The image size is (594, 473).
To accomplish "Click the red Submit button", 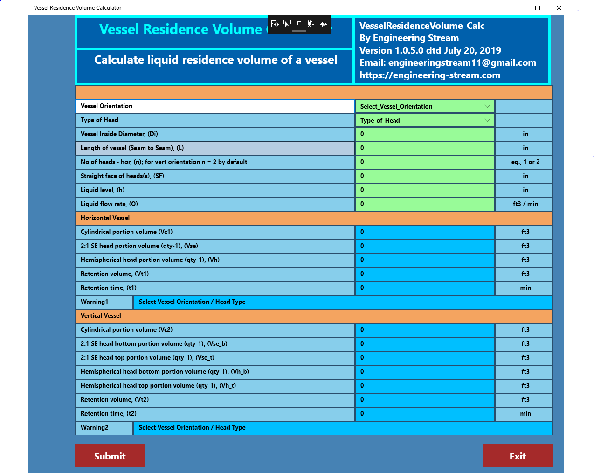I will pyautogui.click(x=110, y=456).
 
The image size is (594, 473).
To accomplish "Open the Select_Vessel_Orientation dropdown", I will pyautogui.click(x=424, y=106).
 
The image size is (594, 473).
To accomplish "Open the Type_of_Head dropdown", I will pyautogui.click(x=424, y=120).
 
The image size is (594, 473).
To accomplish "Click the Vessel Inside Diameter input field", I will pyautogui.click(x=424, y=134).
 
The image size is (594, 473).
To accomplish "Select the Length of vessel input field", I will pyautogui.click(x=424, y=148).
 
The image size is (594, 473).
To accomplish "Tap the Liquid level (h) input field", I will pyautogui.click(x=424, y=190).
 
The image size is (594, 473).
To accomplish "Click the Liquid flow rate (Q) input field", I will pyautogui.click(x=424, y=204).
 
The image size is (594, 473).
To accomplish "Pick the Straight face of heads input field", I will pyautogui.click(x=424, y=176).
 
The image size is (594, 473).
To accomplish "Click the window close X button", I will pyautogui.click(x=559, y=8).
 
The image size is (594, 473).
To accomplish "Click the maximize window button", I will pyautogui.click(x=538, y=8).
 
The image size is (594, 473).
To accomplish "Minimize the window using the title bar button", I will pyautogui.click(x=516, y=8).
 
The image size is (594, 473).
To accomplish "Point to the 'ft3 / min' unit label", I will pyautogui.click(x=525, y=204).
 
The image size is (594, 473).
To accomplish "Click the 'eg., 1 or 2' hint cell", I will pyautogui.click(x=525, y=162).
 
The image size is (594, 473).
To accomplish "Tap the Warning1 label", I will pyautogui.click(x=95, y=302).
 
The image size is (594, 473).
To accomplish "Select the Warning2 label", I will pyautogui.click(x=95, y=428).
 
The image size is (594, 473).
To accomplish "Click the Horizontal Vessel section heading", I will pyautogui.click(x=105, y=218).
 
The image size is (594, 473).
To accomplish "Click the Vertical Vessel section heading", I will pyautogui.click(x=101, y=316).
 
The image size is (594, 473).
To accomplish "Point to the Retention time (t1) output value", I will pyautogui.click(x=424, y=288).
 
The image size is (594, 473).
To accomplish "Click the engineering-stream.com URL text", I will pyautogui.click(x=429, y=75).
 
